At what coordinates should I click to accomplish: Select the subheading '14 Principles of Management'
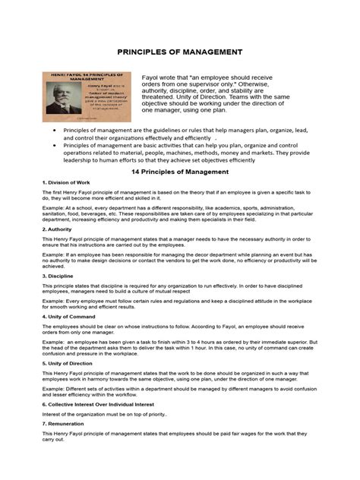180,172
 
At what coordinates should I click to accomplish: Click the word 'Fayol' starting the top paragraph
153,77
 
